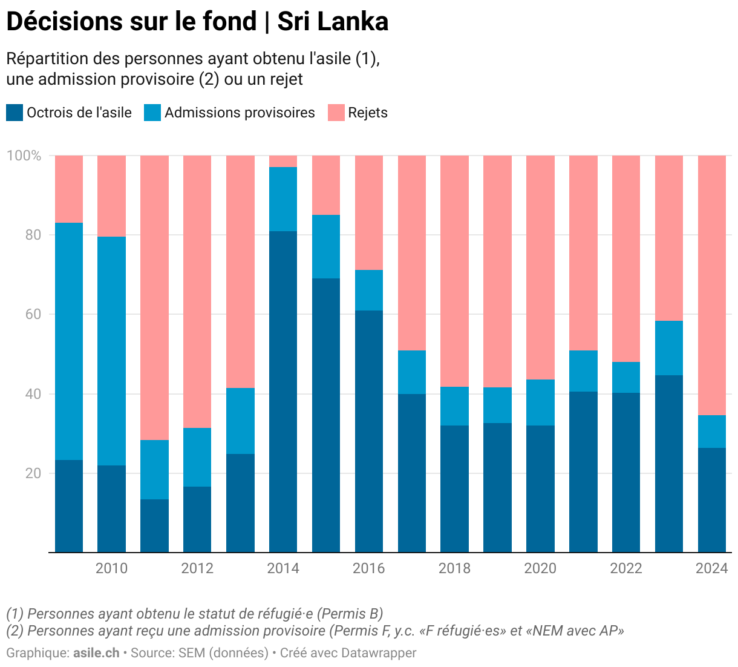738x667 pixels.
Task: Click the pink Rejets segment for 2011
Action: tap(154, 297)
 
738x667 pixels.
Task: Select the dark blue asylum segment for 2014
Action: tap(283, 391)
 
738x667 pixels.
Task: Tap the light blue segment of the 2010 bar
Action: tap(111, 350)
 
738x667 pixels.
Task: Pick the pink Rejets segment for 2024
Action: tap(712, 284)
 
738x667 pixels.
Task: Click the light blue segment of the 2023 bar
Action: tap(669, 348)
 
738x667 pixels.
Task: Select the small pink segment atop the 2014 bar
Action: tap(283, 161)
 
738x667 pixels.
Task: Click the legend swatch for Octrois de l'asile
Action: tap(15, 113)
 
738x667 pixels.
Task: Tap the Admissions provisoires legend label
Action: tap(240, 113)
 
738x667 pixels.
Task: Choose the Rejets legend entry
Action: tap(368, 113)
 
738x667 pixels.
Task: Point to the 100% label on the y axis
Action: tap(24, 156)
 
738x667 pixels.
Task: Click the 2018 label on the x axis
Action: tap(454, 568)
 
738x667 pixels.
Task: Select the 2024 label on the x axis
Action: tap(712, 568)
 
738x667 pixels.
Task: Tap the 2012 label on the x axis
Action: tap(197, 568)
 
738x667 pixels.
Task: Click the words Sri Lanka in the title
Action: tap(333, 22)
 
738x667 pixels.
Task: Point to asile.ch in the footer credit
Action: tap(96, 653)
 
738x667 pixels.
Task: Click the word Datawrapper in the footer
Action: tap(379, 653)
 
